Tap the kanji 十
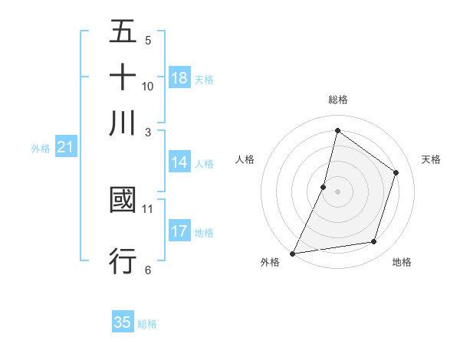123,78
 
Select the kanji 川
123,123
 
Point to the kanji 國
123,201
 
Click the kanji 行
123,260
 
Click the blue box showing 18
179,78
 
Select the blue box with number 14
179,162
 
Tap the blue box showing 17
179,231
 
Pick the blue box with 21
65,148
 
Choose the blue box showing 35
123,322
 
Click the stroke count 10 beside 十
148,86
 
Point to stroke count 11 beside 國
148,208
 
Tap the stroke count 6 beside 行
148,269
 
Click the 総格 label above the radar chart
337,100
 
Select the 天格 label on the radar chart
431,159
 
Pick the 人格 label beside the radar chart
245,159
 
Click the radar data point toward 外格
293,253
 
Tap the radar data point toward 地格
374,242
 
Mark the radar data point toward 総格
337,130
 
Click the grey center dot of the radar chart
337,191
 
